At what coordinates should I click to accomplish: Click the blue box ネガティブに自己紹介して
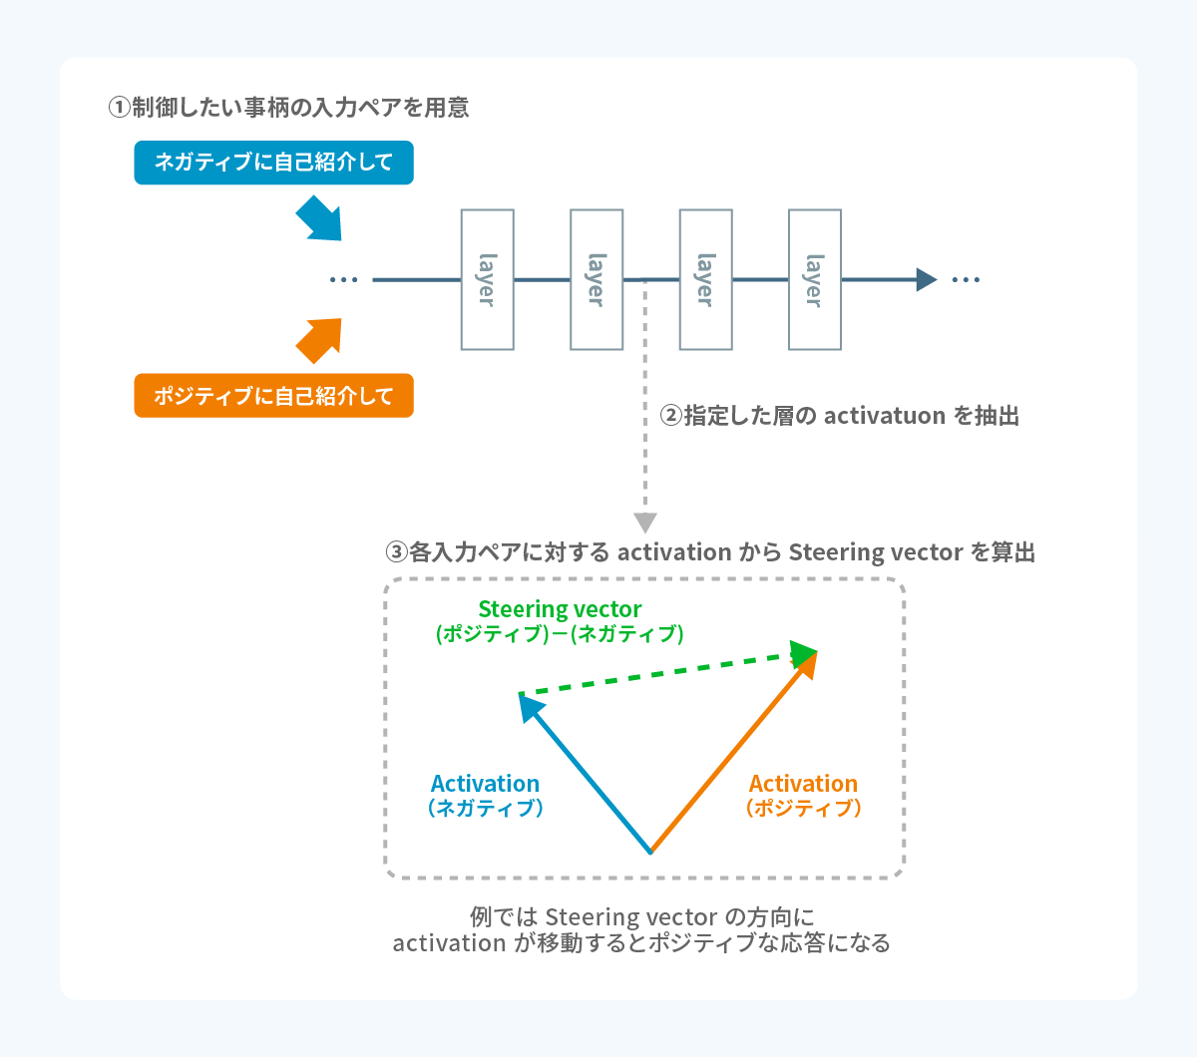(273, 163)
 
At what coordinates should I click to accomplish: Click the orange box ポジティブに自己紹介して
(273, 396)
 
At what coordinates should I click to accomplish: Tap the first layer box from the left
(487, 279)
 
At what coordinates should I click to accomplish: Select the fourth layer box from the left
(814, 279)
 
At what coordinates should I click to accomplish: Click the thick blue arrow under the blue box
(320, 218)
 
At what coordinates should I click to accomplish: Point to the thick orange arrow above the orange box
(320, 340)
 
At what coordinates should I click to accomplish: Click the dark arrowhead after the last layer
(926, 279)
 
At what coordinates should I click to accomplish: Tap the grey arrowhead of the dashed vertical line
(645, 523)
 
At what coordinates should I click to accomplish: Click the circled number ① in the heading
(119, 108)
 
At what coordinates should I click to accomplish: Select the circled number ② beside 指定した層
(670, 416)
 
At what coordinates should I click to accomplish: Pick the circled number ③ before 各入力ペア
(396, 552)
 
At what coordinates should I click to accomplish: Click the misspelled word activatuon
(885, 416)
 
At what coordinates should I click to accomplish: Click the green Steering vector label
(560, 609)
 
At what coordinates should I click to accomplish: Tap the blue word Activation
(485, 784)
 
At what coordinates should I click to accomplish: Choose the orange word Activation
(803, 784)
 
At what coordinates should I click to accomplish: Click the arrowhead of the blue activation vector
(530, 705)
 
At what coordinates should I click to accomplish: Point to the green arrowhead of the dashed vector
(803, 654)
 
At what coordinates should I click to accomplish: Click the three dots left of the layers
(343, 280)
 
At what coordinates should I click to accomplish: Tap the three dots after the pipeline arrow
(966, 280)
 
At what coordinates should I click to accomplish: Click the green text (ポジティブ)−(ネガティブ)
(560, 634)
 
